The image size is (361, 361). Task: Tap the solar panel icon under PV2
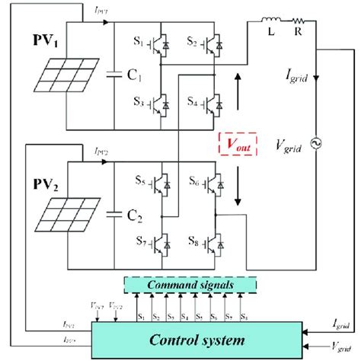coord(62,221)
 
